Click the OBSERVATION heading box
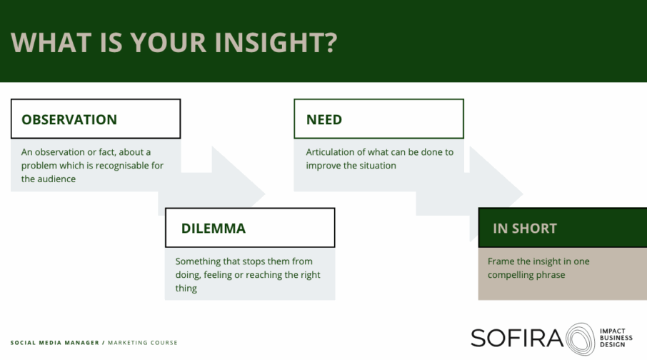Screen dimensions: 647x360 (x=96, y=119)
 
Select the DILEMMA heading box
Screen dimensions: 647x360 (x=250, y=228)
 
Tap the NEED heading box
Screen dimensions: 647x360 (x=378, y=119)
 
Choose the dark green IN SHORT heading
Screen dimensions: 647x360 (x=563, y=228)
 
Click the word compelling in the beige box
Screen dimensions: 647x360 (x=508, y=275)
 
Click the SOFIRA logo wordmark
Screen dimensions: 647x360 (x=517, y=338)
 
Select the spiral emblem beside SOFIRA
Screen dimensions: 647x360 (x=580, y=339)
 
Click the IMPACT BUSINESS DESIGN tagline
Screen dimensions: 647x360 (x=616, y=338)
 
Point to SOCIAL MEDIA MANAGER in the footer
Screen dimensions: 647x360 (x=55, y=343)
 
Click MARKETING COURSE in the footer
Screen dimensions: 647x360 (x=143, y=343)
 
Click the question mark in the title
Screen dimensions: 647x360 (x=329, y=42)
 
